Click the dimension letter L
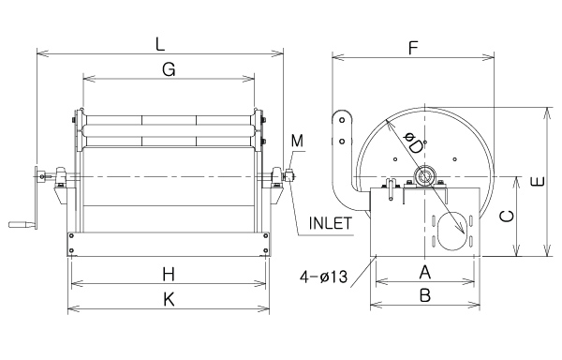click(160, 44)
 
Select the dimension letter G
click(169, 69)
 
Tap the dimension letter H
click(169, 275)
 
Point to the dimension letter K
click(169, 299)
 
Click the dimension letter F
click(414, 48)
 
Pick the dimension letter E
click(538, 182)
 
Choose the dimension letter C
click(507, 216)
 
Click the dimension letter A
click(424, 272)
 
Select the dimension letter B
click(425, 296)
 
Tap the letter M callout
click(297, 141)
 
